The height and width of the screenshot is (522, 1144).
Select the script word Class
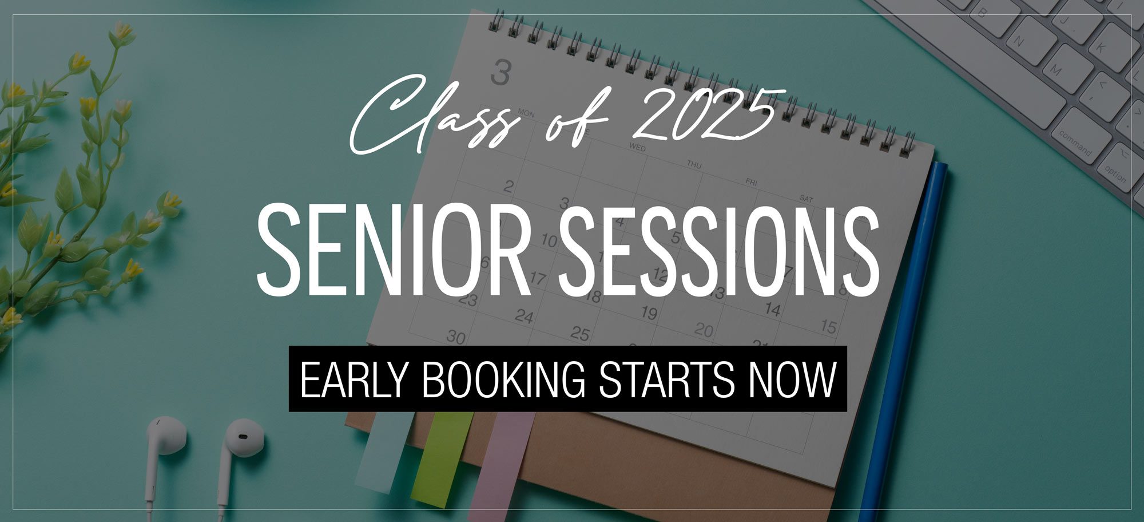[x=435, y=117]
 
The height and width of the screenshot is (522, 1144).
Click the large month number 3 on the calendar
[x=500, y=74]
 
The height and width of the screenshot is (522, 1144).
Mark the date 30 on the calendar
[x=455, y=337]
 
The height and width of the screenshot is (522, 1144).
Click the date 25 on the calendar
[x=580, y=333]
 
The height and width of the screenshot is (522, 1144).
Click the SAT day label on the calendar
[x=806, y=199]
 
